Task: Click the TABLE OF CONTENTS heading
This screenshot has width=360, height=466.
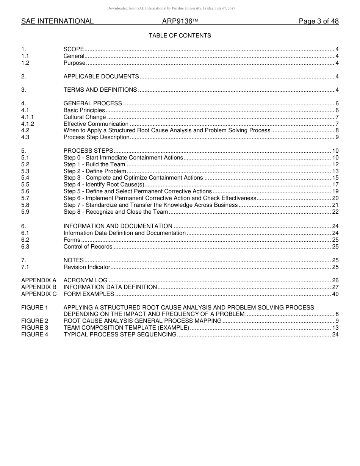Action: [x=180, y=36]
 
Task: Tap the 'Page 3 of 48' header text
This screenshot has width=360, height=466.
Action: [x=318, y=21]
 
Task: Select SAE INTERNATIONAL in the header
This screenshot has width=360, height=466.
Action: [x=57, y=21]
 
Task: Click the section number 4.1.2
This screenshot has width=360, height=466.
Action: [x=28, y=124]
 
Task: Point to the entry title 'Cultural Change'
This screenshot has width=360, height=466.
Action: [x=85, y=117]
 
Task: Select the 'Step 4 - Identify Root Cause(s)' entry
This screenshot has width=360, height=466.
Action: [x=104, y=185]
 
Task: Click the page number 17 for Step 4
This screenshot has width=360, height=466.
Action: [x=335, y=185]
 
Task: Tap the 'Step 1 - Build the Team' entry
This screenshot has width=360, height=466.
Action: [x=94, y=164]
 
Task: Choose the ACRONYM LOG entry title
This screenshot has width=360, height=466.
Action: [x=85, y=280]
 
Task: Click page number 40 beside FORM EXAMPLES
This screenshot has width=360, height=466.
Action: [x=335, y=294]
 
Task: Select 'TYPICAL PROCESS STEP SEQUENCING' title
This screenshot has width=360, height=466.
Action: [x=120, y=334]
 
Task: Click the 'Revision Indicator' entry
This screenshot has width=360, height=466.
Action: [x=87, y=267]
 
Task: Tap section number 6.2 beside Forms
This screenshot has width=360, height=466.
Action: [x=25, y=240]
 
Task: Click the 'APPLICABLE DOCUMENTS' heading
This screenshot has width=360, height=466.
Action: [x=101, y=77]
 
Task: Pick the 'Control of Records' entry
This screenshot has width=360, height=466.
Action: [x=88, y=247]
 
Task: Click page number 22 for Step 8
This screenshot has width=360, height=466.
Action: [x=335, y=212]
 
